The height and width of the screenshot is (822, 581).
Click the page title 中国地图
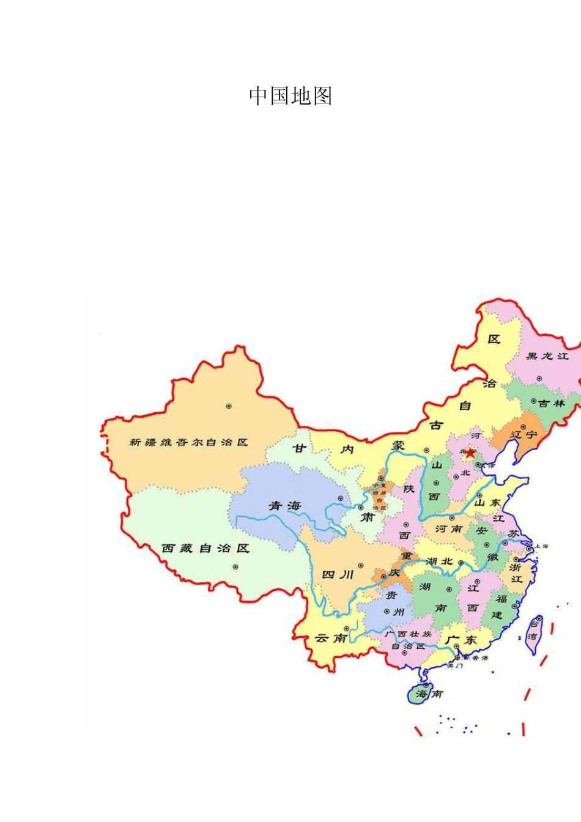[x=290, y=96]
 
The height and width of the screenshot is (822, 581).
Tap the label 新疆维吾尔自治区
[x=188, y=442]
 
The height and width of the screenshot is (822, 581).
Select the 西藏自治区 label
[x=205, y=549]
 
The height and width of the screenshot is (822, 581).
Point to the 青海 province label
[x=285, y=506]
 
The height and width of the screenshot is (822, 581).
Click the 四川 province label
[x=338, y=575]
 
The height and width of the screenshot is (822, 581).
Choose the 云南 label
[x=331, y=639]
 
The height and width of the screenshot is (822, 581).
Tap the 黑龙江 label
[x=547, y=356]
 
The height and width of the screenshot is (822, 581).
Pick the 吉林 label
[x=551, y=404]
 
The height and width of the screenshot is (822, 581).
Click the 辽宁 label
[x=524, y=435]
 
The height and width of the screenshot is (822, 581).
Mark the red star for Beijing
[x=470, y=453]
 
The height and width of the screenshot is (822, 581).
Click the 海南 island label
[x=429, y=694]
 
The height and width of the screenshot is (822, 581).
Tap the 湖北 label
[x=439, y=561]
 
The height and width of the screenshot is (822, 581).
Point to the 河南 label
[x=448, y=529]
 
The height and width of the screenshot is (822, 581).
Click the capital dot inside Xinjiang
[x=229, y=405]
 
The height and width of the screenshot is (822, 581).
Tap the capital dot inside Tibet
[x=235, y=567]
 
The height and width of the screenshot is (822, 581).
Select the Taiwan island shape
[x=533, y=635]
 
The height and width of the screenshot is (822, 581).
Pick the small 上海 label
[x=541, y=546]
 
